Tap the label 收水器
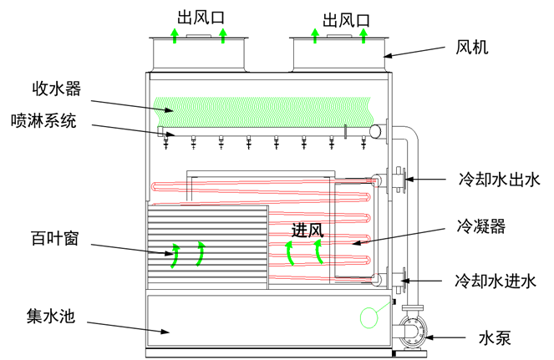pos(57,89)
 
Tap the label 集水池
pos(52,317)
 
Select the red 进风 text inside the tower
pos(307,230)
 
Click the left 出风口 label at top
pos(199,16)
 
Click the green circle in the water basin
pos(367,316)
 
